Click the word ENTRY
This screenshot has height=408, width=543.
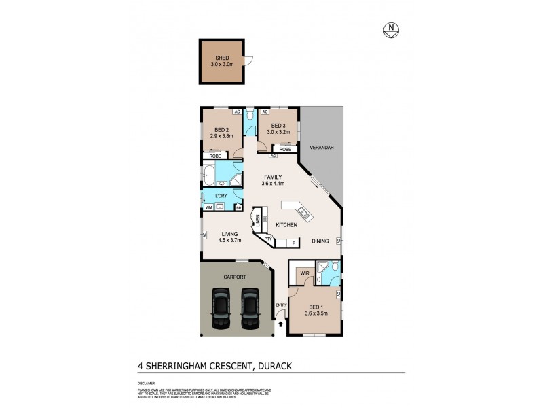coord(280,305)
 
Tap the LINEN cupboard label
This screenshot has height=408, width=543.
coord(257,220)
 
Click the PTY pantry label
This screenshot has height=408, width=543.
coord(268,239)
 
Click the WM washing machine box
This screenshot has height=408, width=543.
coord(209,207)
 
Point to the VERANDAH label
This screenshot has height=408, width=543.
coord(320,147)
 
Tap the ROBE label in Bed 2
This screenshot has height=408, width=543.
coord(215,156)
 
